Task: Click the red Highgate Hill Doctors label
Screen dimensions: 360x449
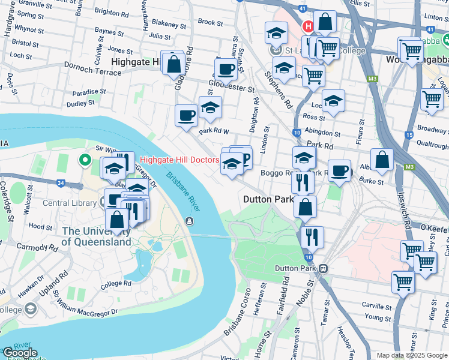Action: [x=179, y=160]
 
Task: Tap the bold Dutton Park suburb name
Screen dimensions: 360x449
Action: [x=268, y=199]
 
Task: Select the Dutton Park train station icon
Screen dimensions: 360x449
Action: [x=324, y=268]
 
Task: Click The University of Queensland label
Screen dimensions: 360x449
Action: [x=96, y=236]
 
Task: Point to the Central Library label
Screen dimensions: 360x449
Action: [x=70, y=203]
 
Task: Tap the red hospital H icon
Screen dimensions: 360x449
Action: [x=308, y=26]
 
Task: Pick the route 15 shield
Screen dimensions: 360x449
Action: [x=409, y=135]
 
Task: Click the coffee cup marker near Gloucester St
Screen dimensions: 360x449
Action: [x=226, y=69]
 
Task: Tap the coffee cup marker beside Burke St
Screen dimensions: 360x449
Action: [x=340, y=171]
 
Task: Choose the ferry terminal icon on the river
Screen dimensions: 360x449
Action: [x=190, y=221]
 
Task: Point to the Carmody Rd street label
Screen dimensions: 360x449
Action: [x=35, y=247]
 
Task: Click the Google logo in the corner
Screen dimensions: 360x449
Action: [x=20, y=353]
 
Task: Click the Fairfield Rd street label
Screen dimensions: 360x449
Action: [x=283, y=293]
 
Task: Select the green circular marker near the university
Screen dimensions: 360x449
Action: [x=85, y=160]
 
